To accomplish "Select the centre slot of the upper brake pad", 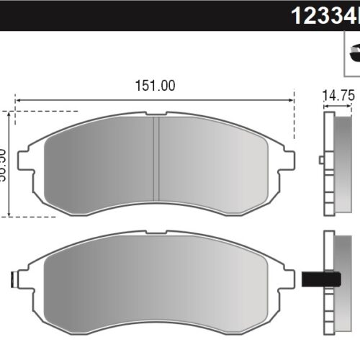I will point(157,160).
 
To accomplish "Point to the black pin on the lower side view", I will point(321,278).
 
